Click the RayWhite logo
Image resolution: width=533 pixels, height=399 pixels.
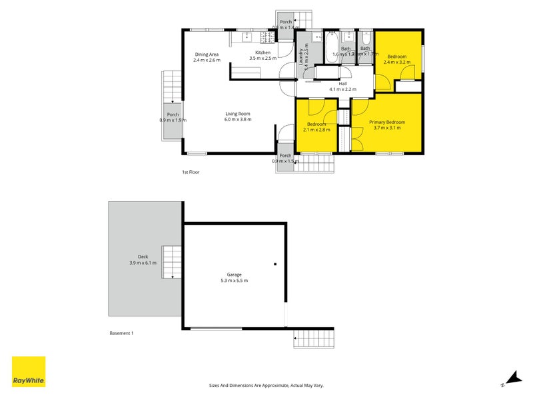pos(29,372)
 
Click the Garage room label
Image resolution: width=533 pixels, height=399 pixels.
pos(233,274)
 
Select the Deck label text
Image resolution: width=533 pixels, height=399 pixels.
pos(143,257)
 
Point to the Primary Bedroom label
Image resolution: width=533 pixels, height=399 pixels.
pos(387,122)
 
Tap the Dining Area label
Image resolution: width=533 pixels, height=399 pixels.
pos(207,55)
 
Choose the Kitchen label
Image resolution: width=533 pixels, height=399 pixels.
pos(263,53)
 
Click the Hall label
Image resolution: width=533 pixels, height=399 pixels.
pos(343,84)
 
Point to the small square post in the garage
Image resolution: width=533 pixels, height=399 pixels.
pos(274,264)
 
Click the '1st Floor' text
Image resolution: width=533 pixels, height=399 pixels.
pos(191,172)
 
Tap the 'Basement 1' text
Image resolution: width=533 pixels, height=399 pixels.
pos(121,332)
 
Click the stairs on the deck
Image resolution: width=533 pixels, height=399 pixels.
pos(172,261)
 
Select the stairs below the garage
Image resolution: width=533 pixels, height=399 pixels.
pos(313,340)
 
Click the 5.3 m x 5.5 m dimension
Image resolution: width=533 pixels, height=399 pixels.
pos(233,281)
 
